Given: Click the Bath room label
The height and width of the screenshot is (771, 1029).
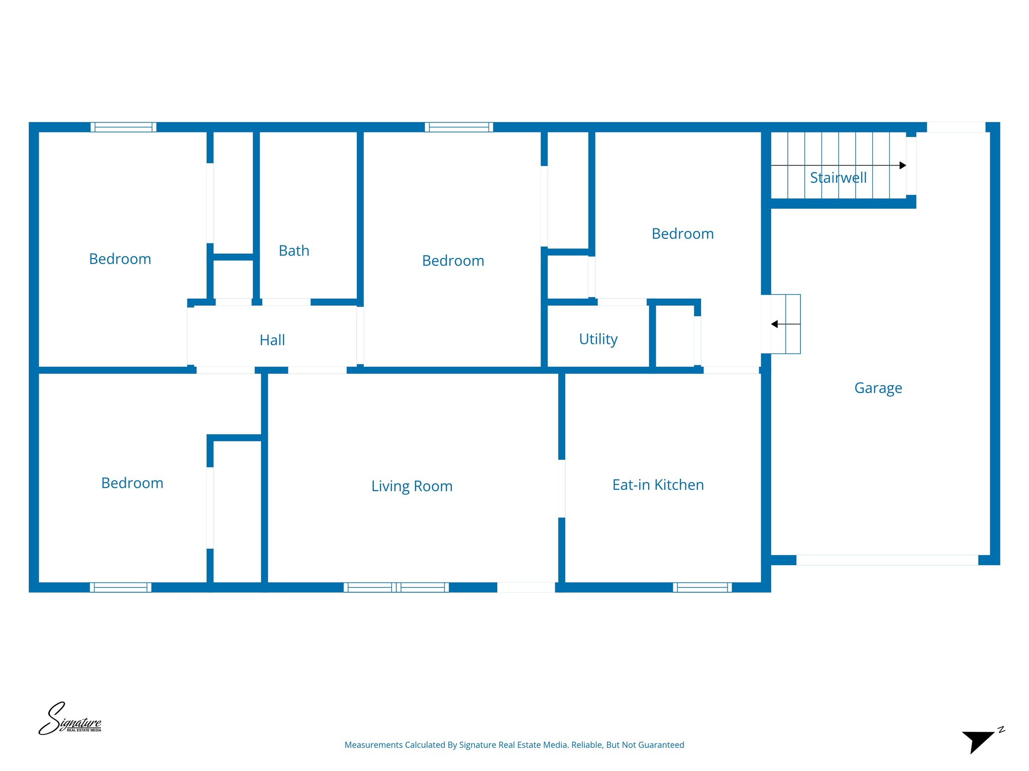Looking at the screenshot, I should click(x=294, y=250).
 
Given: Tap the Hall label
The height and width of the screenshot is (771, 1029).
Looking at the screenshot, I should click(x=272, y=340).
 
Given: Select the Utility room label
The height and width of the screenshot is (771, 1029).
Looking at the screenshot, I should click(x=598, y=339).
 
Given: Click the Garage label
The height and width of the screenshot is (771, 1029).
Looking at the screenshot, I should click(x=878, y=388).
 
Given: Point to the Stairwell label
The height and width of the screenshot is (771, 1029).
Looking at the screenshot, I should click(x=838, y=178).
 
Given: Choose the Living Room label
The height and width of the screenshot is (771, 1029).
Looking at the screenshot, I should click(x=411, y=486).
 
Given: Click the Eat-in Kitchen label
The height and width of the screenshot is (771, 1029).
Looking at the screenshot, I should click(x=658, y=485).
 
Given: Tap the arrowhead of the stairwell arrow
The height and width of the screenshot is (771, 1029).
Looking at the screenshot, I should click(x=902, y=165).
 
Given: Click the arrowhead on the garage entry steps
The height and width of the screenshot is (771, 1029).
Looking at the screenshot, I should click(x=775, y=324).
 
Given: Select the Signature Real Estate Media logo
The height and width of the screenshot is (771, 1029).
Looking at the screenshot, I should click(x=70, y=719).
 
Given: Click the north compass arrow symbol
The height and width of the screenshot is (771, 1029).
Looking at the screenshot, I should click(x=978, y=741).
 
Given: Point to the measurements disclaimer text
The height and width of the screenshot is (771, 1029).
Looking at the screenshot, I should click(x=514, y=745).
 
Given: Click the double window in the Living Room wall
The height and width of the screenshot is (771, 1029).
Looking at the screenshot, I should click(x=396, y=587).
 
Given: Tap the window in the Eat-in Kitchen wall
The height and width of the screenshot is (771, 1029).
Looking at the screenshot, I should click(x=702, y=587).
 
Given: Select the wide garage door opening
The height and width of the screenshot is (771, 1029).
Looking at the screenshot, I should click(x=887, y=560).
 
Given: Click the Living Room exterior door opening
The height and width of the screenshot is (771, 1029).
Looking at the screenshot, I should click(x=526, y=587).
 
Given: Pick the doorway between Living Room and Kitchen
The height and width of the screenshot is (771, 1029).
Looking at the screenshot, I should click(x=562, y=488).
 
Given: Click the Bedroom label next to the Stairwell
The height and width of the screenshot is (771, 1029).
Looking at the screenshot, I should click(x=682, y=234).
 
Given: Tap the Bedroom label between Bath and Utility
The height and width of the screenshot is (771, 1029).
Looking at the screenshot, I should click(x=453, y=261).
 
